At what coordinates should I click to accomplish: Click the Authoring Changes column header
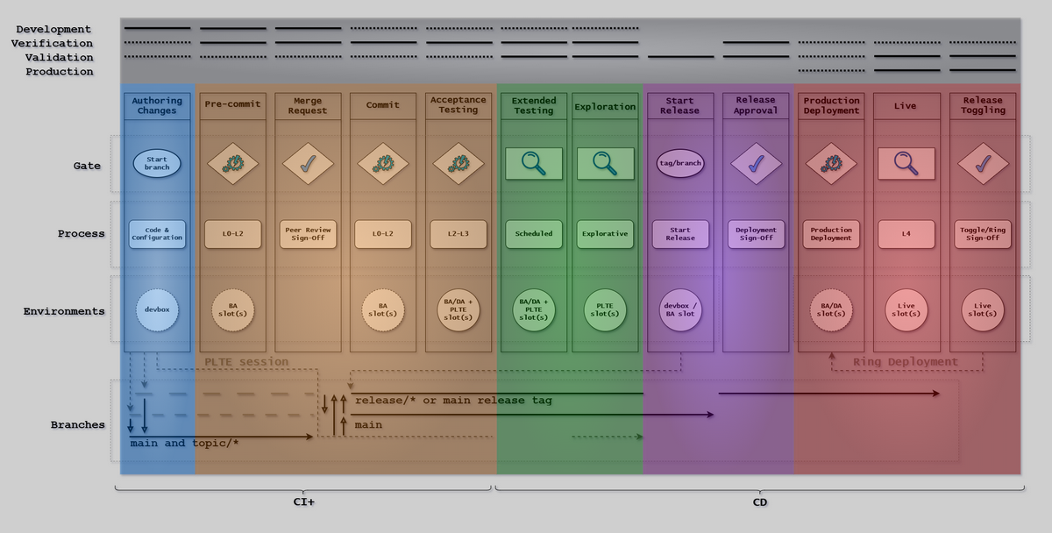click(157, 105)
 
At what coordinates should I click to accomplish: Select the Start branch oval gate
click(157, 163)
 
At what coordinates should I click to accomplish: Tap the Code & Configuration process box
click(157, 234)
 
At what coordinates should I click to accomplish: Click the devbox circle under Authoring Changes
click(157, 311)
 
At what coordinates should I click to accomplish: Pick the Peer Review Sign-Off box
click(308, 234)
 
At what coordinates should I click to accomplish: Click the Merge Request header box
click(308, 105)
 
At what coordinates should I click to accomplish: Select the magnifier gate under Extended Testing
click(533, 163)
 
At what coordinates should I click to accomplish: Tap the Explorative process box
click(605, 234)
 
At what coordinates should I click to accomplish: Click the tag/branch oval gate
click(680, 163)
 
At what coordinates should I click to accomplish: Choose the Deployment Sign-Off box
click(756, 234)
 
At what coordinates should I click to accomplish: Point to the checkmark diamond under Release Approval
click(756, 163)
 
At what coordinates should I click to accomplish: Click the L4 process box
click(906, 234)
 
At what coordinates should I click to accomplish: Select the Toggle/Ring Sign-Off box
click(983, 234)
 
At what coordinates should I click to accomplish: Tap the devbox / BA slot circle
click(680, 311)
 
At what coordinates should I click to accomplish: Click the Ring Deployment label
click(906, 362)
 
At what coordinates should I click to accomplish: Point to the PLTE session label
click(246, 362)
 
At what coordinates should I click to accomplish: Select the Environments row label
click(64, 311)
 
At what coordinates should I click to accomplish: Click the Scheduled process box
click(533, 234)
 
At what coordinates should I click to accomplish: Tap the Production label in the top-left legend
click(59, 72)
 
